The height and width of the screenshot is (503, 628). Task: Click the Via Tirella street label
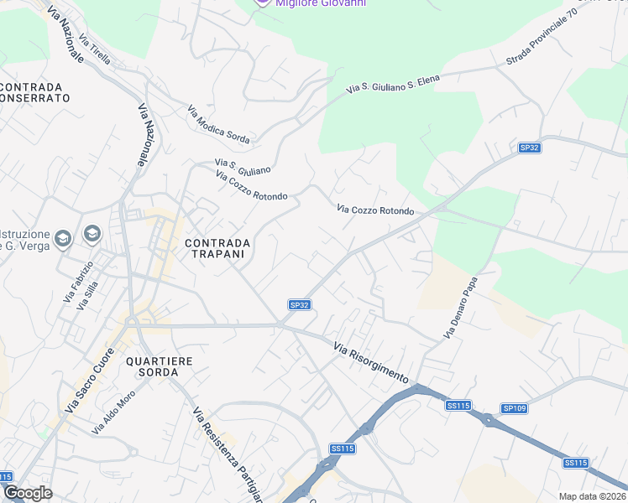tap(95, 49)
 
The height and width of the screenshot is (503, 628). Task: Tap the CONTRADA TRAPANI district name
tap(217, 248)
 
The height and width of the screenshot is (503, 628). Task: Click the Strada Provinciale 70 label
tap(542, 44)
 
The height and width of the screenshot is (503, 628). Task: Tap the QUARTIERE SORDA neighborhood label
tap(159, 366)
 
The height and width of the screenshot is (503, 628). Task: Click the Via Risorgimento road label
tap(370, 362)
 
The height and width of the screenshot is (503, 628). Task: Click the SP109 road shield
tap(514, 408)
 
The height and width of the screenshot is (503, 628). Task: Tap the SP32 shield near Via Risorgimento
tap(301, 305)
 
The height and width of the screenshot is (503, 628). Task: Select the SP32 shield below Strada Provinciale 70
tap(529, 148)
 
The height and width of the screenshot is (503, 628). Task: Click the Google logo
tap(27, 493)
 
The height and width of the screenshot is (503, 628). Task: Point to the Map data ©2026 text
tap(593, 496)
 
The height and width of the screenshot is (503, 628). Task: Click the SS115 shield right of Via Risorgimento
tap(458, 406)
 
